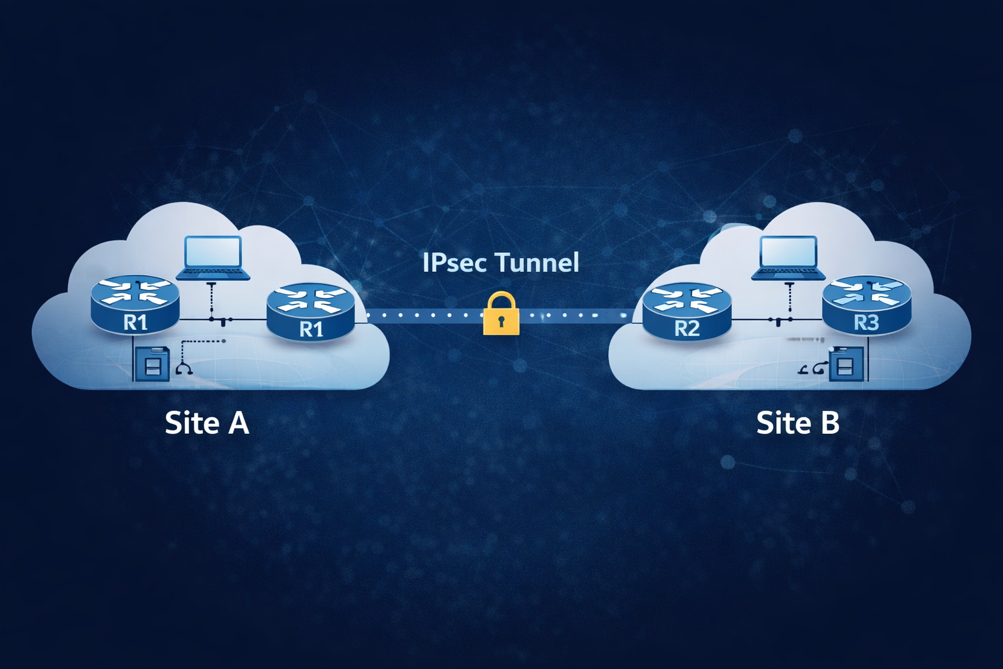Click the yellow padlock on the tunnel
tap(501, 316)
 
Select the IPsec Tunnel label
tap(500, 263)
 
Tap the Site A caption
tap(206, 423)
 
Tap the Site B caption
tap(797, 423)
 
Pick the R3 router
tap(866, 304)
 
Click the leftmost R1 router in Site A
tap(135, 304)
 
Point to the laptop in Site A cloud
tap(213, 259)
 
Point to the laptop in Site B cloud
tap(789, 259)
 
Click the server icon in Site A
tap(151, 363)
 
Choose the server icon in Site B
tap(846, 363)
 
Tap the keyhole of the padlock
tap(501, 321)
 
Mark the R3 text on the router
tap(866, 323)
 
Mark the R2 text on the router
tap(686, 329)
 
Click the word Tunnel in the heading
tap(537, 263)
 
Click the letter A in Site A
tap(238, 423)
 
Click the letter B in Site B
tap(829, 423)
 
